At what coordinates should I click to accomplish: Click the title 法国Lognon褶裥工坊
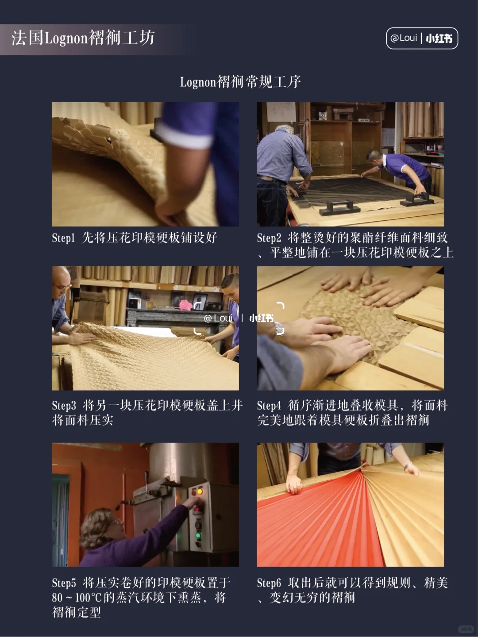pos(83,38)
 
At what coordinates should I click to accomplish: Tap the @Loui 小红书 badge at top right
pos(422,38)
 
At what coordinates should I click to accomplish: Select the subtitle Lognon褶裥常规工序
pos(240,82)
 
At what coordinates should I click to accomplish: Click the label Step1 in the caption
pos(63,238)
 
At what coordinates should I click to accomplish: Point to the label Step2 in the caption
pos(269,238)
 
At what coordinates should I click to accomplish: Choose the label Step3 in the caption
pos(64,406)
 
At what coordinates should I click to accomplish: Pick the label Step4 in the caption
pos(269,406)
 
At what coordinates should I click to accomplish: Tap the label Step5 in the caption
pos(64,583)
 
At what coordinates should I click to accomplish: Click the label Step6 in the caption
pos(269,583)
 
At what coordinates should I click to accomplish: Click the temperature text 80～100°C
pos(77,598)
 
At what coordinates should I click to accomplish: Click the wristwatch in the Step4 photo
pos(279,329)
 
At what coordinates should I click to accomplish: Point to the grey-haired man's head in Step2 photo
pos(284,133)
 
